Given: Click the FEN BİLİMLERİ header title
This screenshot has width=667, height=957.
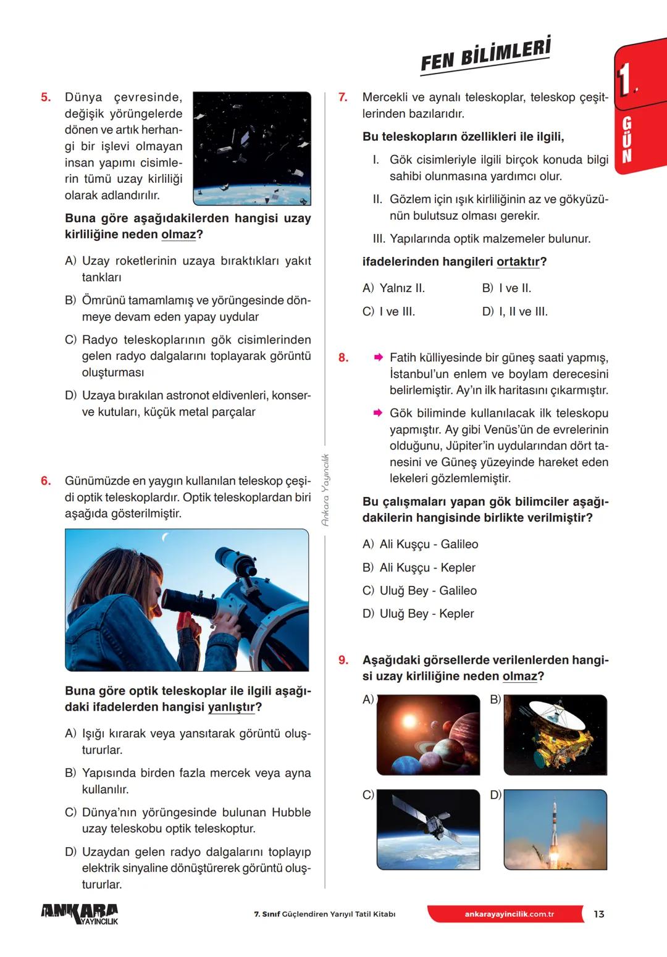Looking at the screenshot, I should [x=485, y=56].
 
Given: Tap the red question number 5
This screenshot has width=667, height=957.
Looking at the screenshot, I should [x=46, y=98].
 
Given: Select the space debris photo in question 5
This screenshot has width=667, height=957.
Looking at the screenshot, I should [x=252, y=149].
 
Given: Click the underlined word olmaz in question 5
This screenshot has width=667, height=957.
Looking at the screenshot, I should [x=178, y=235].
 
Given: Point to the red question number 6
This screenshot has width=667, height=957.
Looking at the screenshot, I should [x=46, y=481].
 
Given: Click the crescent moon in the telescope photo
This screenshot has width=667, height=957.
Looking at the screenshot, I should [x=165, y=538].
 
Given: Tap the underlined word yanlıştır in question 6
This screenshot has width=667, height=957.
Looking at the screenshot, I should [x=231, y=707].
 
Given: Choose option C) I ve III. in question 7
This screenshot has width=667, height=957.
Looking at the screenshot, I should [x=389, y=312].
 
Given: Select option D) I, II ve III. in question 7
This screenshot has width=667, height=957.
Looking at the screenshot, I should [x=515, y=312].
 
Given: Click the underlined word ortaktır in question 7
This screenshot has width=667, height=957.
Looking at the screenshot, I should [x=518, y=262].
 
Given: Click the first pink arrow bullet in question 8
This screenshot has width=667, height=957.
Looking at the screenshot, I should [x=378, y=357].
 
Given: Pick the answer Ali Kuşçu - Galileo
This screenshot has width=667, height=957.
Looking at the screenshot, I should [x=421, y=545].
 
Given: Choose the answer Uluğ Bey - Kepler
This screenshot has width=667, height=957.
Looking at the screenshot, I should [x=419, y=614].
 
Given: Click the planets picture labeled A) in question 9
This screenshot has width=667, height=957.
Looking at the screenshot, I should [x=428, y=735].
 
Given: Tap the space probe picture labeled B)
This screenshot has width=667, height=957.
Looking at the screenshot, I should [x=555, y=735].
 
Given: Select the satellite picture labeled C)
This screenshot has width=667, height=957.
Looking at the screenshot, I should [x=428, y=829].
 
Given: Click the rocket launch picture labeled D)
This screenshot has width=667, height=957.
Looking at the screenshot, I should [x=555, y=829].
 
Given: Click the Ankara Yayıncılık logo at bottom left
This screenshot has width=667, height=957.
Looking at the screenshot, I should [x=80, y=914].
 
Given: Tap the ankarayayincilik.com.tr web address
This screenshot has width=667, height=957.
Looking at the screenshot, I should [x=509, y=914].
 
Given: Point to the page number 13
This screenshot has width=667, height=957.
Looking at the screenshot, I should [x=598, y=914].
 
